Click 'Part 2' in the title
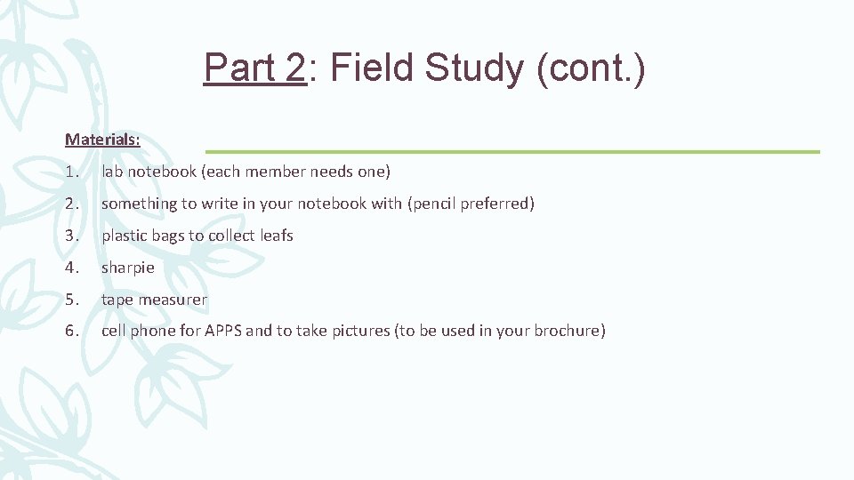[x=254, y=68]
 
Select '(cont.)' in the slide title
[x=591, y=68]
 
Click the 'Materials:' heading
[x=102, y=140]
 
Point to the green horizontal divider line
[x=512, y=152]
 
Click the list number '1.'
[x=72, y=172]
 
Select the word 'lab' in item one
[x=113, y=172]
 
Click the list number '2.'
[x=72, y=204]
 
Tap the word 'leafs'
[x=276, y=236]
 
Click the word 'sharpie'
[x=128, y=268]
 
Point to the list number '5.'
[x=72, y=300]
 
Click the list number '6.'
[x=72, y=332]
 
